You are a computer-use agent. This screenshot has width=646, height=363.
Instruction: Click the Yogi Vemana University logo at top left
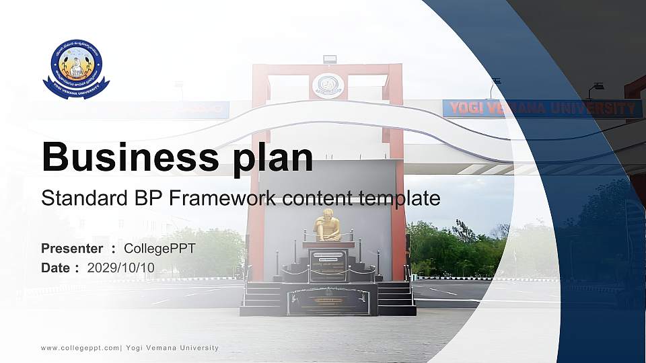(x=76, y=69)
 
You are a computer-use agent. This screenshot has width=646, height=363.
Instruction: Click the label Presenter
(x=72, y=249)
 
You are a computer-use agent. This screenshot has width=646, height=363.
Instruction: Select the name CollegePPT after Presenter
(x=159, y=249)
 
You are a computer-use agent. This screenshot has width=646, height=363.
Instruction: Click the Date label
(x=56, y=268)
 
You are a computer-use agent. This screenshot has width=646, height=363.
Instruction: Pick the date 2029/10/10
(x=120, y=268)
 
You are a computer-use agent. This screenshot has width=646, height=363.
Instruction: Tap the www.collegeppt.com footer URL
(x=80, y=348)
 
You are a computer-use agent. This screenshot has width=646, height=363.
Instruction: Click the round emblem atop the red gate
(x=328, y=85)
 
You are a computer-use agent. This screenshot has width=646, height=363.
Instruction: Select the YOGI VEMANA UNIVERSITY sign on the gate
(x=542, y=108)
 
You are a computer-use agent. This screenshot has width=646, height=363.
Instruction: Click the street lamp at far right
(x=596, y=87)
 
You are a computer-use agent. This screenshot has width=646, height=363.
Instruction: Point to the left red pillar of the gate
(x=257, y=202)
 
